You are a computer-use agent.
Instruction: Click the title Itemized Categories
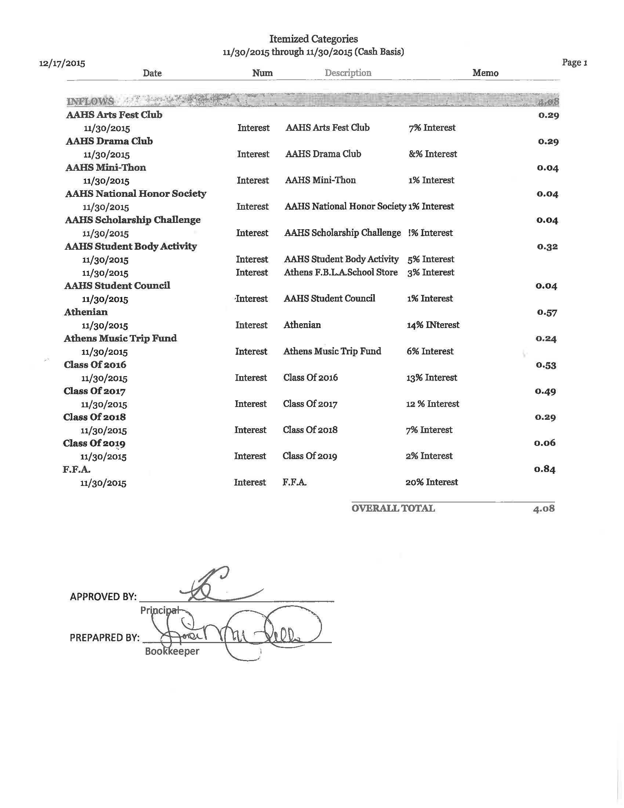(x=313, y=39)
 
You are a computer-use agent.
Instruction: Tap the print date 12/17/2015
(x=62, y=63)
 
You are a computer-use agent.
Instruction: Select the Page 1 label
(x=574, y=62)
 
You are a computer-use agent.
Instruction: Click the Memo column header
(x=485, y=73)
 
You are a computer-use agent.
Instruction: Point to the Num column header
(x=262, y=73)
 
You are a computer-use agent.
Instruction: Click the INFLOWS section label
(x=90, y=101)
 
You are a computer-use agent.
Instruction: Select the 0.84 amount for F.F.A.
(x=544, y=469)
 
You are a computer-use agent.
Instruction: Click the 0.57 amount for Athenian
(x=547, y=312)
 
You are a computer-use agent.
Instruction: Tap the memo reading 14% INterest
(x=433, y=325)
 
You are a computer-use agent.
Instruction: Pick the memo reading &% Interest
(x=432, y=154)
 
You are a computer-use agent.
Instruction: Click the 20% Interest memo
(x=431, y=482)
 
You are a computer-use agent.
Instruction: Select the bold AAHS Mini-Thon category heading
(x=106, y=167)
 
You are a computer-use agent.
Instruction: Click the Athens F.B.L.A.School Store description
(x=341, y=272)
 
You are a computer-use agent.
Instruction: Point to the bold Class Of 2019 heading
(x=94, y=443)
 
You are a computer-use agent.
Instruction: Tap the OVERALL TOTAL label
(x=393, y=508)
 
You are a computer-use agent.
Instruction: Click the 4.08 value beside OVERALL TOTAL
(x=544, y=509)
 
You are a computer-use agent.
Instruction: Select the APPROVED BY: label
(x=103, y=597)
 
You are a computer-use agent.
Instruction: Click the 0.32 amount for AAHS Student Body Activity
(x=547, y=246)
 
